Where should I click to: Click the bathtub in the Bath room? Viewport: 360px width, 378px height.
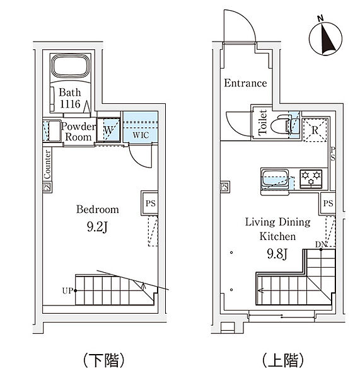click(x=70, y=66)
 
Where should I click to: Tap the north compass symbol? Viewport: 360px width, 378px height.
click(x=325, y=38)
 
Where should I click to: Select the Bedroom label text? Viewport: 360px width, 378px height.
click(x=98, y=209)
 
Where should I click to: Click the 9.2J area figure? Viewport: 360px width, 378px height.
click(x=97, y=227)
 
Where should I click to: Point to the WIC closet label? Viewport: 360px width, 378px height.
click(x=141, y=135)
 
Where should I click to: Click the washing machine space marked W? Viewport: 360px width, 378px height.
click(x=108, y=130)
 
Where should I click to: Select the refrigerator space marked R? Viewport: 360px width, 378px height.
click(x=315, y=130)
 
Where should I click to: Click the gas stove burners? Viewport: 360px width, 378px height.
click(x=311, y=178)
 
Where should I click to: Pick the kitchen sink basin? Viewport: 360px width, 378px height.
click(x=275, y=178)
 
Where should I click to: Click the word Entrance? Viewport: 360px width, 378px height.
click(x=245, y=83)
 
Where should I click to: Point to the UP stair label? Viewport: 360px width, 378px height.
click(x=67, y=290)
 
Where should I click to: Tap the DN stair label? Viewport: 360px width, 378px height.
click(x=321, y=244)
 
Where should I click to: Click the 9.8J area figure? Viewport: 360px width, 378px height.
click(x=277, y=253)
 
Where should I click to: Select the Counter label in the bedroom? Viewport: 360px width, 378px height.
click(x=47, y=164)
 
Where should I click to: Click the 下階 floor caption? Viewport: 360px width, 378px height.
click(x=104, y=360)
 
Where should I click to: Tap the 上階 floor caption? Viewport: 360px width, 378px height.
click(x=283, y=360)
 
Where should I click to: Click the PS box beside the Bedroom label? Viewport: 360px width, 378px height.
click(x=150, y=203)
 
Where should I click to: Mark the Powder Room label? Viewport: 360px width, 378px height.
click(x=78, y=132)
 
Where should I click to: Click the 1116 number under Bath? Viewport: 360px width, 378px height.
click(x=70, y=104)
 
